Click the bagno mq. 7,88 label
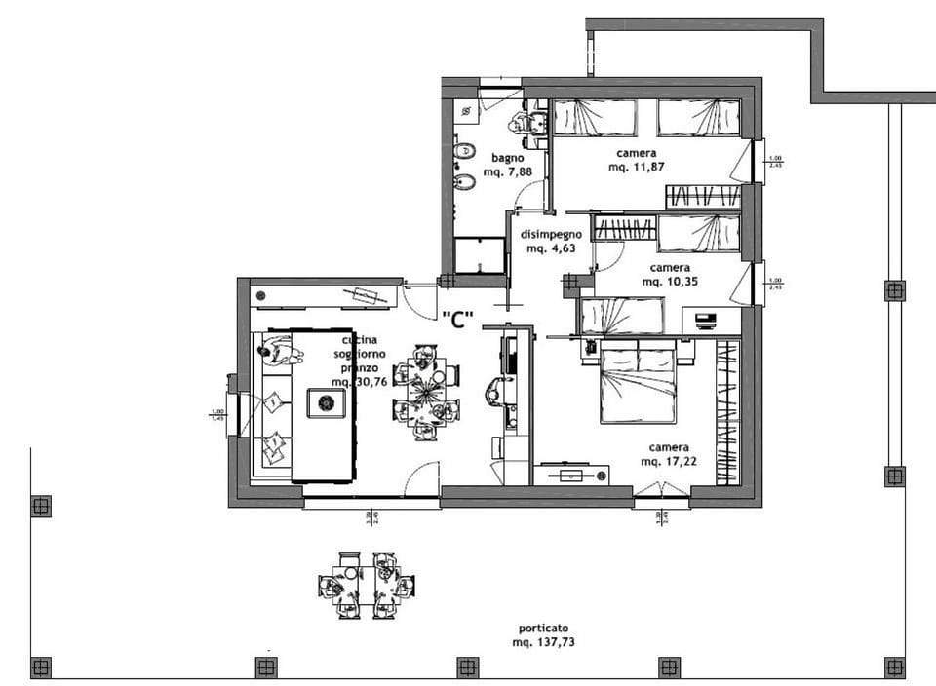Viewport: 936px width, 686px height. pyautogui.click(x=508, y=164)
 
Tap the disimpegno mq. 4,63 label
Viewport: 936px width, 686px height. pyautogui.click(x=551, y=241)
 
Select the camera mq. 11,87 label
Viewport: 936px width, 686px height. pyautogui.click(x=636, y=161)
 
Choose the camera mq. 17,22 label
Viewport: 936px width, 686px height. pyautogui.click(x=670, y=453)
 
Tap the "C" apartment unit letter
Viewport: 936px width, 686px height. pyautogui.click(x=457, y=319)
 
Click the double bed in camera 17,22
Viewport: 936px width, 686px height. pyautogui.click(x=639, y=384)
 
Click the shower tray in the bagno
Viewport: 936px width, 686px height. pyautogui.click(x=480, y=255)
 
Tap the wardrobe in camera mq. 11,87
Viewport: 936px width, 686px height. pyautogui.click(x=703, y=197)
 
